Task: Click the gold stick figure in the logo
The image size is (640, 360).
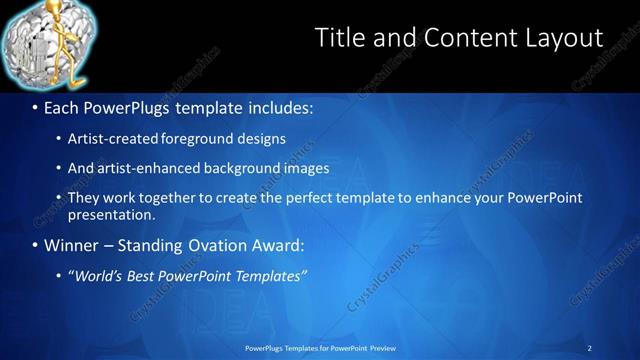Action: tap(49, 45)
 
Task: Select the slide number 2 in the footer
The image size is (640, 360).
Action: tap(590, 348)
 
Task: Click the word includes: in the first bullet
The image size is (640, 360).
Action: tap(276, 107)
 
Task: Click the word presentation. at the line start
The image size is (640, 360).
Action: tap(111, 214)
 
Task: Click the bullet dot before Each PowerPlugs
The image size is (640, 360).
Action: tap(36, 107)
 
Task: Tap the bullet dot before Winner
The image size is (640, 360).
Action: tap(36, 245)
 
